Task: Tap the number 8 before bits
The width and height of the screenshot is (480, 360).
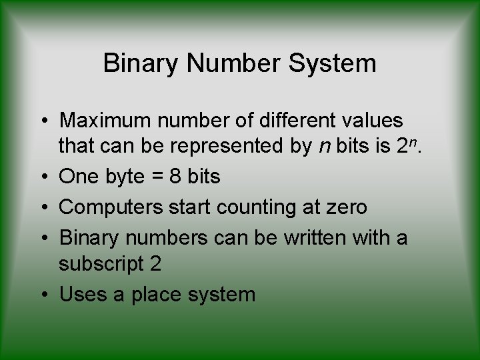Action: tap(175, 177)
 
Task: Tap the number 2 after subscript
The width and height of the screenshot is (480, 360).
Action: tap(155, 264)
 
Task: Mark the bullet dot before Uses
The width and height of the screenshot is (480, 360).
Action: tap(43, 294)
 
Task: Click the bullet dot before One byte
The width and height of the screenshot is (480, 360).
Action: tap(43, 177)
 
